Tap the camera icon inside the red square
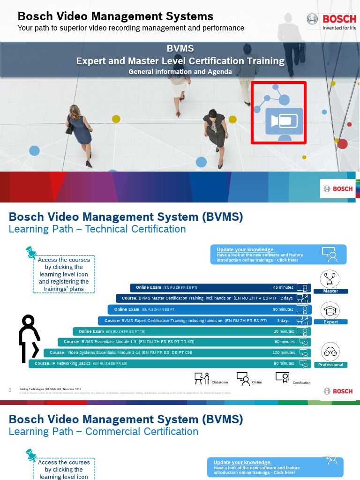284,121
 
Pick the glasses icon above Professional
330,352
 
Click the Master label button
330,291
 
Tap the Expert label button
330,322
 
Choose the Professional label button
330,365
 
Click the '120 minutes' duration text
284,352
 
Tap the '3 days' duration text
283,321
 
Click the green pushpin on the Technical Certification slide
31,253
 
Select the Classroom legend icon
202,378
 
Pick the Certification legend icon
282,378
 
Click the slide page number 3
10,390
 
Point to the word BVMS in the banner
180,49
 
